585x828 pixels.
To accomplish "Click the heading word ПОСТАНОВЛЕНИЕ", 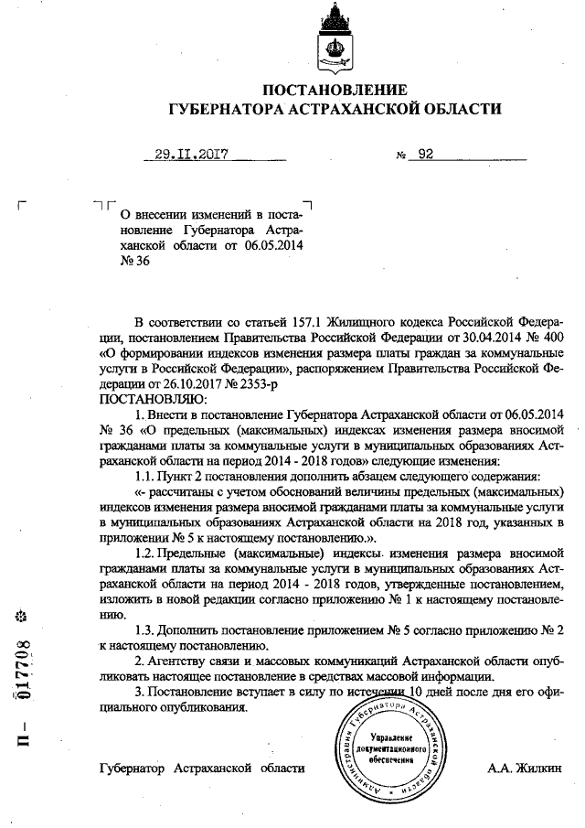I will coord(334,90).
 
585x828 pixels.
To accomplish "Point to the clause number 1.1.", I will coord(147,477).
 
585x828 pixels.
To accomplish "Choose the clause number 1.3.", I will coord(147,630).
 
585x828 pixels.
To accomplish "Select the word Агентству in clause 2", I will coord(187,659).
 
